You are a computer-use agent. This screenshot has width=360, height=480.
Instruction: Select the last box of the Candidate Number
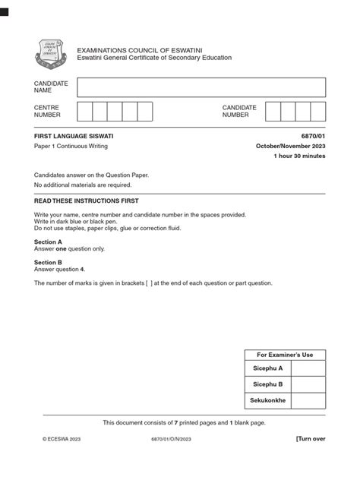(x=318, y=112)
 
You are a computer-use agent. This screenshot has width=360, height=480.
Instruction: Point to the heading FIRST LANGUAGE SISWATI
(x=72, y=135)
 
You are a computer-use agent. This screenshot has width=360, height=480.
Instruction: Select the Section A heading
(x=48, y=242)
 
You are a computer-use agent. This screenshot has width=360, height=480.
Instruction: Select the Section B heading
(x=48, y=262)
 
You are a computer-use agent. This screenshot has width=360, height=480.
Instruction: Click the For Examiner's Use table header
(x=285, y=355)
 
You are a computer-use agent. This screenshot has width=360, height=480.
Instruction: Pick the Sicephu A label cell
(x=267, y=368)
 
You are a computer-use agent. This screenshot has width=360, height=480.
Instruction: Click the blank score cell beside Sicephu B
(x=308, y=384)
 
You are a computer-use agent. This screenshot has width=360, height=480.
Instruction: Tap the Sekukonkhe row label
(x=267, y=400)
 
